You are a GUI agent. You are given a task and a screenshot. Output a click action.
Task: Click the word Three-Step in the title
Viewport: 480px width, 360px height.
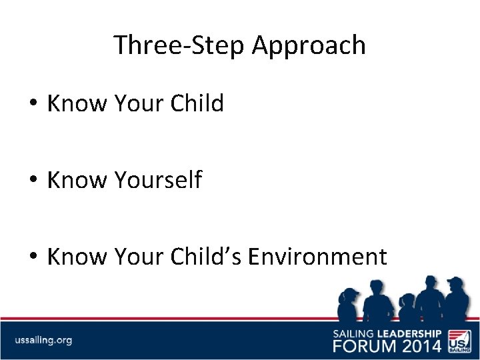pyautogui.click(x=179, y=45)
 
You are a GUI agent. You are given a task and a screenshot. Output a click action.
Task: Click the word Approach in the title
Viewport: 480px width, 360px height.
pyautogui.click(x=309, y=45)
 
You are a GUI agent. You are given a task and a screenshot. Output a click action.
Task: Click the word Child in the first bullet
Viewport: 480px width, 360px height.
pyautogui.click(x=197, y=104)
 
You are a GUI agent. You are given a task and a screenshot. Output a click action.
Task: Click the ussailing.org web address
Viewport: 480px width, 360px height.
pyautogui.click(x=43, y=340)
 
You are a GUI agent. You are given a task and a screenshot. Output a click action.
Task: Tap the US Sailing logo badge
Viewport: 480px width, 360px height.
pyautogui.click(x=459, y=339)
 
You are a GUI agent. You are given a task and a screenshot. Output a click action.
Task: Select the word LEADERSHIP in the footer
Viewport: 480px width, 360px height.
pyautogui.click(x=409, y=333)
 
